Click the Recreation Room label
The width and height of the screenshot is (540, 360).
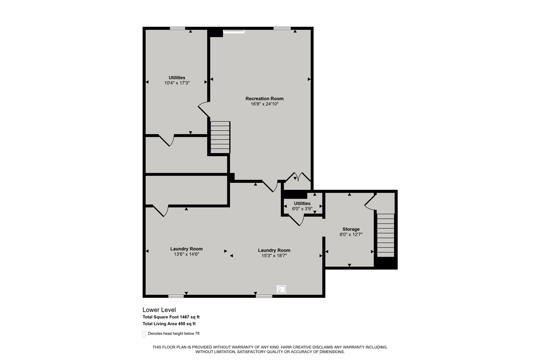[x=265, y=98]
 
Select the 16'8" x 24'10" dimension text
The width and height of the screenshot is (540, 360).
[x=265, y=104]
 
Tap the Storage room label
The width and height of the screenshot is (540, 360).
[x=351, y=229]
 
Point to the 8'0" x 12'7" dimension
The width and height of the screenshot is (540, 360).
[x=351, y=235]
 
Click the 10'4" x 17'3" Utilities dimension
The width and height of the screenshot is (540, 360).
[x=177, y=83]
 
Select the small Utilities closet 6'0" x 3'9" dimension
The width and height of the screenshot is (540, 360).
[x=302, y=208]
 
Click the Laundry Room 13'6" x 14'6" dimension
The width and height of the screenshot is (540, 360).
[x=186, y=254]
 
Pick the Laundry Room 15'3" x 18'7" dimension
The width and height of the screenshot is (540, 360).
[x=274, y=256]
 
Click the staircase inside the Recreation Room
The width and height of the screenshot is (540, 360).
[x=220, y=137]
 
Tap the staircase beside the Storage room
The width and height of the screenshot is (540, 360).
[x=385, y=235]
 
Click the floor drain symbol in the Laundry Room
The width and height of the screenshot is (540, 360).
[x=281, y=290]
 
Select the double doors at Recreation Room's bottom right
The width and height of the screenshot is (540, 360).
[x=298, y=177]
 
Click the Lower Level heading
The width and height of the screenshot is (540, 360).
[x=159, y=310]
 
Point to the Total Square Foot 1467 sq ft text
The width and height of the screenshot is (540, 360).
[x=174, y=317]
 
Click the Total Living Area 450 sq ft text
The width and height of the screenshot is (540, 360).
[x=169, y=324]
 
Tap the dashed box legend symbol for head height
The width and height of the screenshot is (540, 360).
[x=144, y=334]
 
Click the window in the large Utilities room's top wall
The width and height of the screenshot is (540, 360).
[x=177, y=28]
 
